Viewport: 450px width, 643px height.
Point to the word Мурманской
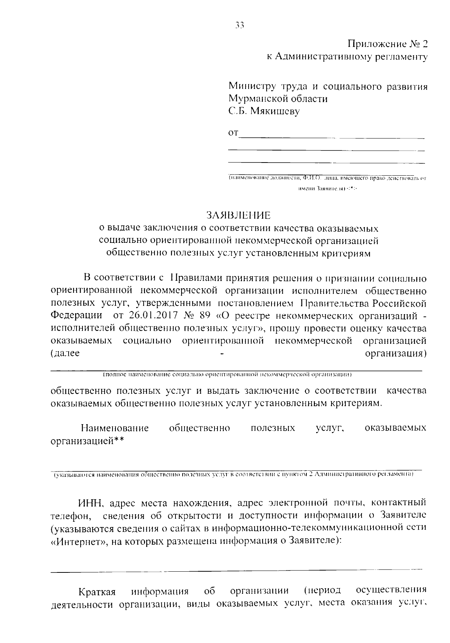pyautogui.click(x=258, y=99)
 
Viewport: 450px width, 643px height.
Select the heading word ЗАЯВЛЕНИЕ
pyautogui.click(x=238, y=215)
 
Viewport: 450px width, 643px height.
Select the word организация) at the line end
pyautogui.click(x=396, y=354)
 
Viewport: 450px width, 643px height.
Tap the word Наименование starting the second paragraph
pyautogui.click(x=115, y=428)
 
